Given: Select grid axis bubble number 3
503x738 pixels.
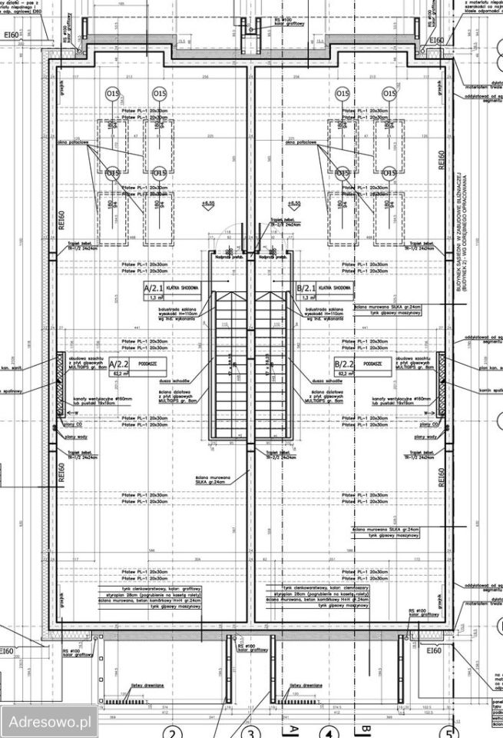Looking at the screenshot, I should pos(255,733).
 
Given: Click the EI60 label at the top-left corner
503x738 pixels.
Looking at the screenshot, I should pos(10,35).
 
